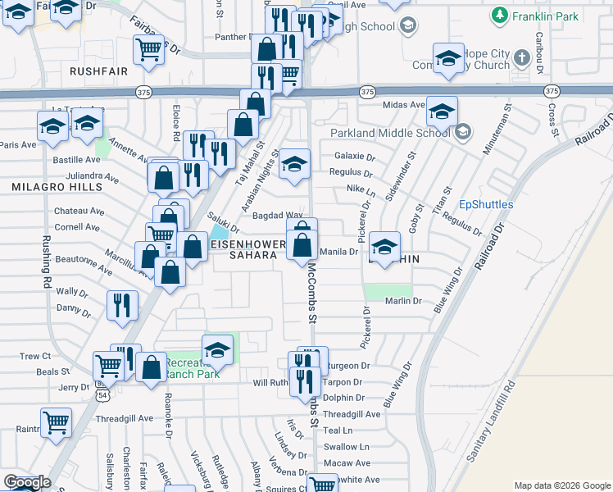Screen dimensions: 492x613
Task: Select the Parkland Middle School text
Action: coord(390,133)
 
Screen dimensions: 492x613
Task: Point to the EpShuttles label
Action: coord(486,204)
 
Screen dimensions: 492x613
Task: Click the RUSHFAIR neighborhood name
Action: coord(98,71)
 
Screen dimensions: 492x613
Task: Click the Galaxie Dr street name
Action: coord(354,157)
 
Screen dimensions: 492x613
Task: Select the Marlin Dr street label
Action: coord(403,302)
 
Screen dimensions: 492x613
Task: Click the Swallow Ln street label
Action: coord(346,447)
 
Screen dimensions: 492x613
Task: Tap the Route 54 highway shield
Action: coord(102,395)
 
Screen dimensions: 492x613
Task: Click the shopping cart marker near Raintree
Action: coord(56,422)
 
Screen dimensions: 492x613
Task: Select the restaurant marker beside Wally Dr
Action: coord(121,306)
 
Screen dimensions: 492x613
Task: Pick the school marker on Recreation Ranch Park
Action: coord(218,349)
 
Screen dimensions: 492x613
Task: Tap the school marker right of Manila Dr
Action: coord(384,245)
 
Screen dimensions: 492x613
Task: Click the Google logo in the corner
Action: coord(27,482)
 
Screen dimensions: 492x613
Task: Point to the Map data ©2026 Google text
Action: coord(561,485)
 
